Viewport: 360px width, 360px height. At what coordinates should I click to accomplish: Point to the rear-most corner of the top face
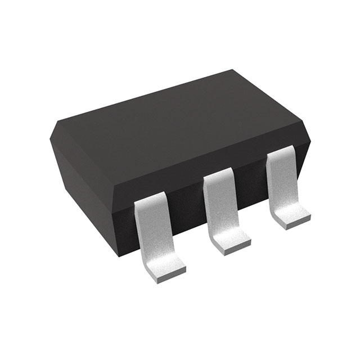click(x=232, y=70)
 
